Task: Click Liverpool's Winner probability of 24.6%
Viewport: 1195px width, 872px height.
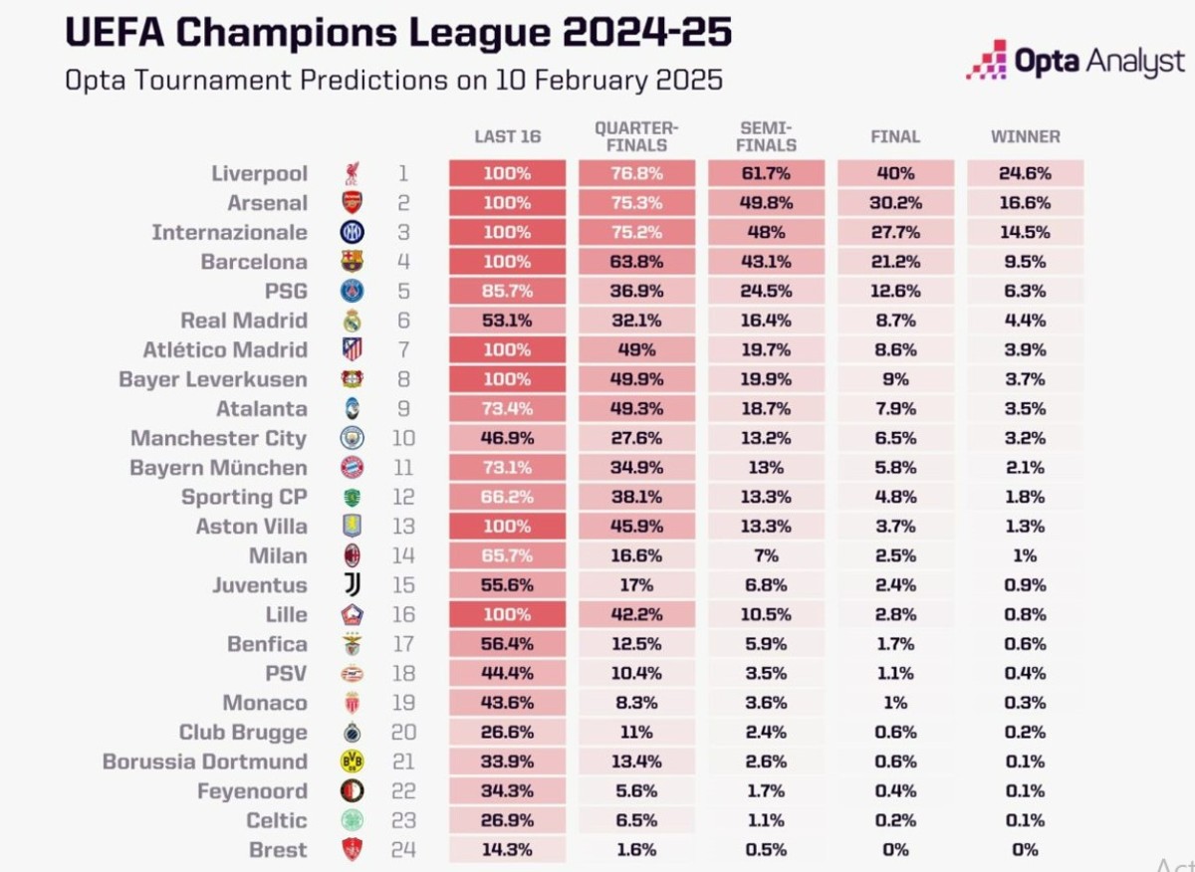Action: point(1025,173)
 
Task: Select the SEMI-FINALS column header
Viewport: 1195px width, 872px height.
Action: point(766,136)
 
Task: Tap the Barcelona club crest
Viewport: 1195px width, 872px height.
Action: point(352,262)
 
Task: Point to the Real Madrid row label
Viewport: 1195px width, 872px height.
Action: point(244,321)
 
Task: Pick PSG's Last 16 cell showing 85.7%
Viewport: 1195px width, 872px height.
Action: point(507,292)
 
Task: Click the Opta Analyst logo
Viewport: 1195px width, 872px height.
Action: point(1075,61)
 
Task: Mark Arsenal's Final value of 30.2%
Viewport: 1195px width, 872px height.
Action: point(895,203)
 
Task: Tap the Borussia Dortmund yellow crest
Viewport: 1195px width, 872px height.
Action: point(352,762)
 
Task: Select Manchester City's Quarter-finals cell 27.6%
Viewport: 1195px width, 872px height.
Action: point(636,438)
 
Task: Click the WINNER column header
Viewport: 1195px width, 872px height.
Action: point(1025,136)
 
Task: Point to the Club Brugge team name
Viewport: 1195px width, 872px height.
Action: point(243,733)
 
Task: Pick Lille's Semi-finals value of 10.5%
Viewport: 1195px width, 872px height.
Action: point(766,614)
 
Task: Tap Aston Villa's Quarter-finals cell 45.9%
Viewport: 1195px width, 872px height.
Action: point(636,527)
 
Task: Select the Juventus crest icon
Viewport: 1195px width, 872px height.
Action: point(352,585)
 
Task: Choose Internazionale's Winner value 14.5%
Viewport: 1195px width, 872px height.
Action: point(1025,233)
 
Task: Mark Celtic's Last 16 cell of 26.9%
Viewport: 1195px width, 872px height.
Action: point(507,821)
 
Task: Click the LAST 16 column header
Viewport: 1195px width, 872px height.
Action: point(507,136)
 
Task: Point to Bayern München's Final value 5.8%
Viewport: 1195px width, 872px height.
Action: point(895,468)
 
